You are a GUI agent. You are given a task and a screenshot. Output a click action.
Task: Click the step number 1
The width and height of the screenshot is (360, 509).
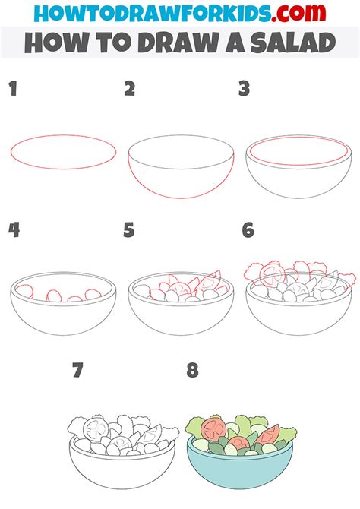tap(13, 89)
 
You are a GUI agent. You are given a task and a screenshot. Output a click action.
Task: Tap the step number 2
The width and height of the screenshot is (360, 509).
tap(130, 89)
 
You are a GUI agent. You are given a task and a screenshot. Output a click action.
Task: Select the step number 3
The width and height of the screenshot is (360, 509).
tap(244, 89)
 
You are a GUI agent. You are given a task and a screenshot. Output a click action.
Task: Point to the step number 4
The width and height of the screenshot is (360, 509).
tap(14, 230)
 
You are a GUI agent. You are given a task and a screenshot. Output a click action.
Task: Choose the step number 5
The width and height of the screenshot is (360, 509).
tap(129, 230)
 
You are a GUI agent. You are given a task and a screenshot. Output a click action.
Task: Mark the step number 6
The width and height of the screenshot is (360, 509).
tap(248, 230)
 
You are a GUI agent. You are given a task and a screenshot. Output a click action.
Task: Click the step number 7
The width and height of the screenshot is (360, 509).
tap(77, 371)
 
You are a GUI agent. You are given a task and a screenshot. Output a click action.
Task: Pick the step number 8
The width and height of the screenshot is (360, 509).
tap(192, 371)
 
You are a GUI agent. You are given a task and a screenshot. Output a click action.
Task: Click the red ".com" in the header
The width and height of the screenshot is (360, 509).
tap(298, 13)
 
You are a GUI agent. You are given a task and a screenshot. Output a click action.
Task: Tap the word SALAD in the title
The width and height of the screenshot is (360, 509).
tap(293, 43)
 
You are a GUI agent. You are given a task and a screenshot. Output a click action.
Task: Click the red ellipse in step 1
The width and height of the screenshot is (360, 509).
tap(63, 135)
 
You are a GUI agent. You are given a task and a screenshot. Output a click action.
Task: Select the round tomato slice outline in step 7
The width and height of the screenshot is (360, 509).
tap(96, 429)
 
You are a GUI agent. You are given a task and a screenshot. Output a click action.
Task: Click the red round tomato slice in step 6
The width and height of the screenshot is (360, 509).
tap(273, 275)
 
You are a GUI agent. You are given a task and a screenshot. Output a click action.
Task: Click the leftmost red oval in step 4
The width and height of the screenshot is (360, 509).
tap(24, 291)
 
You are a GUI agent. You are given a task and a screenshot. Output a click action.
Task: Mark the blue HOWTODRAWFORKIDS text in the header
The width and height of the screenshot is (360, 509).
tap(152, 13)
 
